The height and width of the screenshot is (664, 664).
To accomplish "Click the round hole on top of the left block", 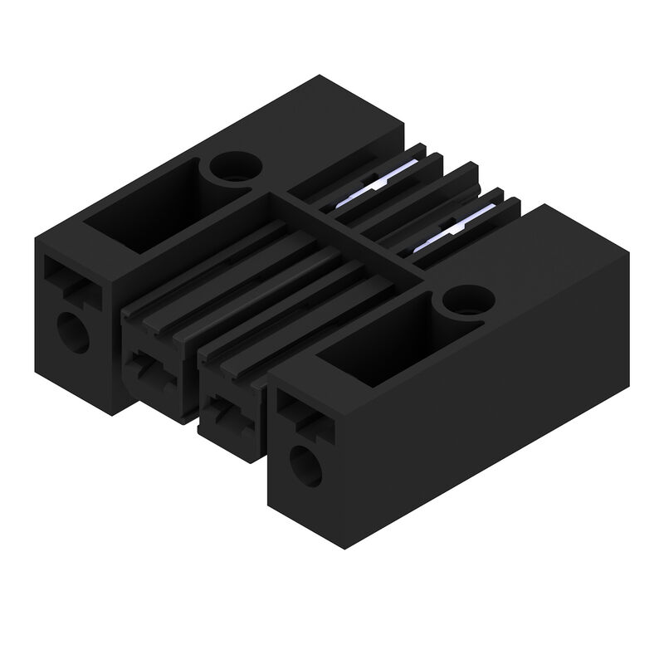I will (232, 168).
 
